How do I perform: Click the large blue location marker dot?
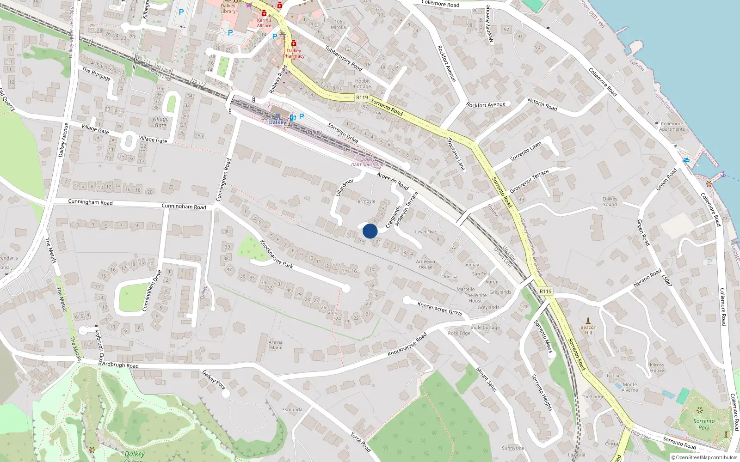click(x=370, y=231)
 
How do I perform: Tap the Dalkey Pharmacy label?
click(x=294, y=53)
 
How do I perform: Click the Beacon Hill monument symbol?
click(x=588, y=320)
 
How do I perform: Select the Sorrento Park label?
click(x=704, y=424)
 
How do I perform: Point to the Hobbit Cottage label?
click(x=363, y=84)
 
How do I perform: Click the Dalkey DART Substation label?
click(x=368, y=162)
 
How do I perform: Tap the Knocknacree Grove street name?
click(x=439, y=308)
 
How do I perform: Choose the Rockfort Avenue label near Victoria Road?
click(x=486, y=105)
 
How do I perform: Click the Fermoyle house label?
click(x=365, y=201)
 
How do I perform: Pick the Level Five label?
click(x=425, y=232)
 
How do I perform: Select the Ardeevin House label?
click(x=425, y=264)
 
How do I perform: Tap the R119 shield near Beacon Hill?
click(x=546, y=291)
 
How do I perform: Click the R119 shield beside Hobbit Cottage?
click(x=362, y=97)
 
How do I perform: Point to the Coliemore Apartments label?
click(x=672, y=126)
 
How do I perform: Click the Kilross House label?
click(x=657, y=367)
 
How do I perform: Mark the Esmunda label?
click(x=292, y=409)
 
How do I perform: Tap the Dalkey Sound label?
click(x=610, y=201)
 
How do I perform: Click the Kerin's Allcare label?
click(x=264, y=23)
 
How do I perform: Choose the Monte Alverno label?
click(x=629, y=387)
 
